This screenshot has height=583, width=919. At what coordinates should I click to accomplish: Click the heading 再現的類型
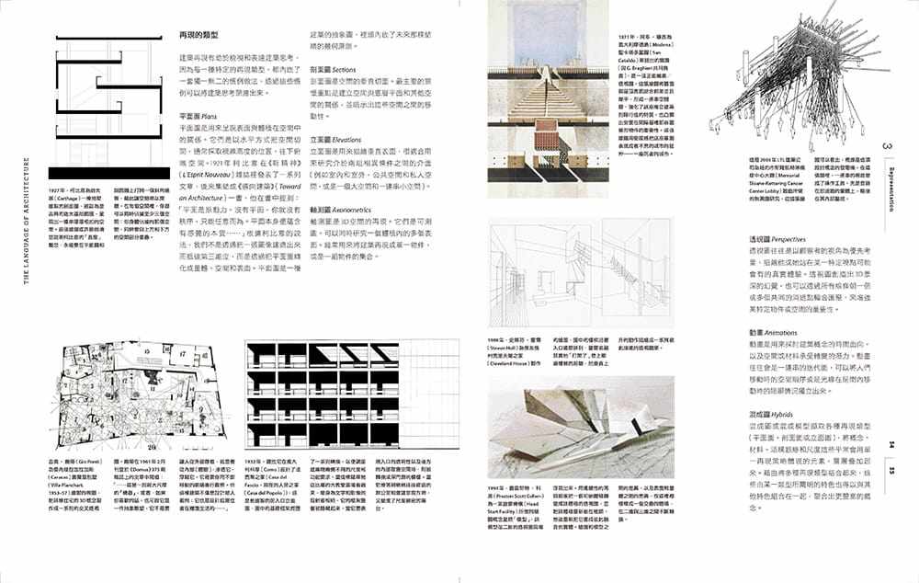tap(197, 35)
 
